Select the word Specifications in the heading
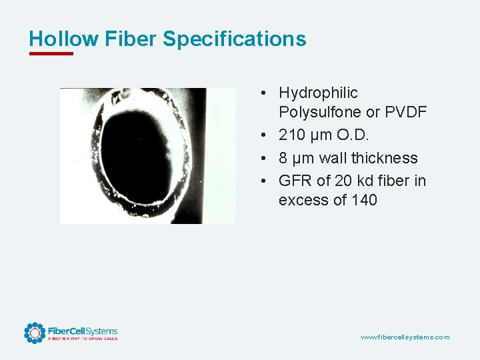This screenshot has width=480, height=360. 234,39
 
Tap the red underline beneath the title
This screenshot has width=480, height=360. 51,53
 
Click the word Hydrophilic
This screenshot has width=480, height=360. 318,93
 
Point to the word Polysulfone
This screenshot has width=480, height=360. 320,112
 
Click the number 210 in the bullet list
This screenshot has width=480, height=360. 292,135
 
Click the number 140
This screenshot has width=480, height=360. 363,200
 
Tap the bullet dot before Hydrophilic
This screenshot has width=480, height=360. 265,93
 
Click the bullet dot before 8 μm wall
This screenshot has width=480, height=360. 265,159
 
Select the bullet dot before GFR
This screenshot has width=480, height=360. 265,181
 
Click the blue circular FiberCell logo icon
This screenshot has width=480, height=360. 34,333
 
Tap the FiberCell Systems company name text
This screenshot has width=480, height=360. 82,331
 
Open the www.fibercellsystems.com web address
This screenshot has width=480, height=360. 405,337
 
